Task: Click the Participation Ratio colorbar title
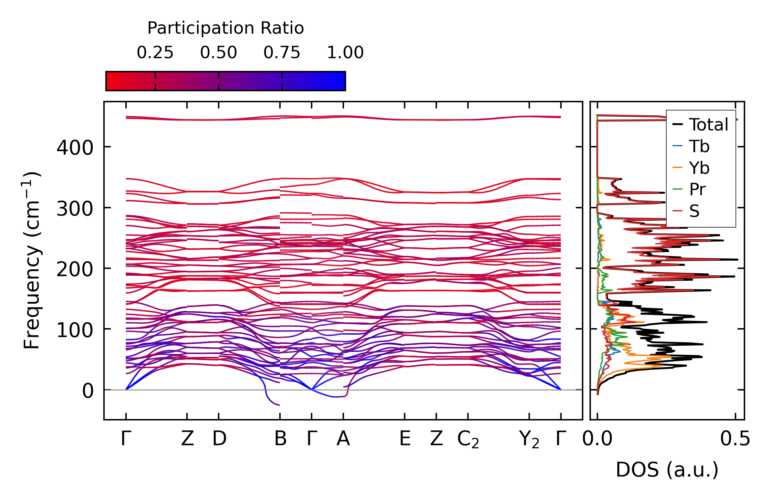tap(226, 28)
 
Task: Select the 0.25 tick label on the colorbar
tap(155, 53)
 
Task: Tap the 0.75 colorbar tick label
tap(282, 53)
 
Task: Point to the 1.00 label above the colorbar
tap(345, 53)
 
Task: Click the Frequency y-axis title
tap(32, 260)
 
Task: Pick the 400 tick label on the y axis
tap(75, 148)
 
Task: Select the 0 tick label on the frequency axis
tap(87, 391)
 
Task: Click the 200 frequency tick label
tap(75, 269)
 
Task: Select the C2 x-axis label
tap(468, 440)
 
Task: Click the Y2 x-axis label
tap(529, 440)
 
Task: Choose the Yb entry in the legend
tap(699, 168)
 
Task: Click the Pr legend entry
tap(697, 189)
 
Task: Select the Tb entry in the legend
tap(699, 146)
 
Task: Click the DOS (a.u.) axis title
tap(667, 470)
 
